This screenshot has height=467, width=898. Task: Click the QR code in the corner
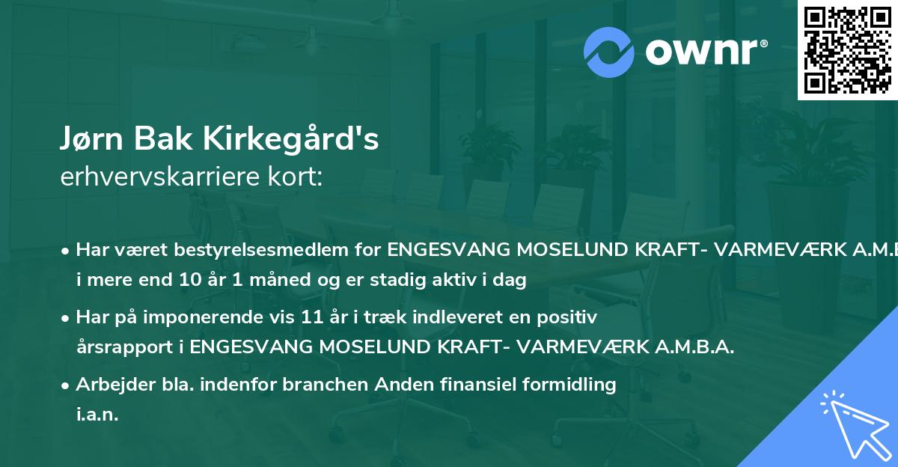(846, 49)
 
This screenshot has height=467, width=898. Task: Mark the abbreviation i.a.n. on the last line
(97, 415)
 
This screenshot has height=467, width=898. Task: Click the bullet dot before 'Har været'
(67, 250)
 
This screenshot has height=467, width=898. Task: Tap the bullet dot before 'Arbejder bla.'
(67, 385)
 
